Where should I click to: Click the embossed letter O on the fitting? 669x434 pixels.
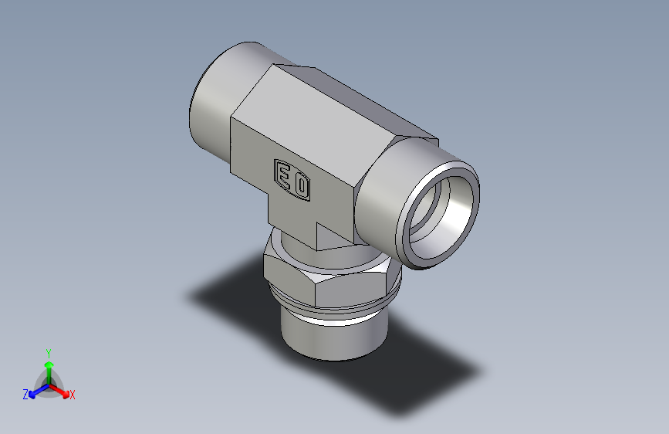(x=301, y=185)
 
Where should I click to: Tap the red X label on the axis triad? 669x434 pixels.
(x=72, y=395)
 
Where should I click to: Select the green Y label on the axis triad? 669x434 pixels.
(x=48, y=352)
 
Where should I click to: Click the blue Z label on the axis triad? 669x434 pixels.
(x=25, y=395)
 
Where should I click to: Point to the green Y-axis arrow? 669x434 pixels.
(x=48, y=368)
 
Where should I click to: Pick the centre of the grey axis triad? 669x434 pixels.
(x=48, y=385)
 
